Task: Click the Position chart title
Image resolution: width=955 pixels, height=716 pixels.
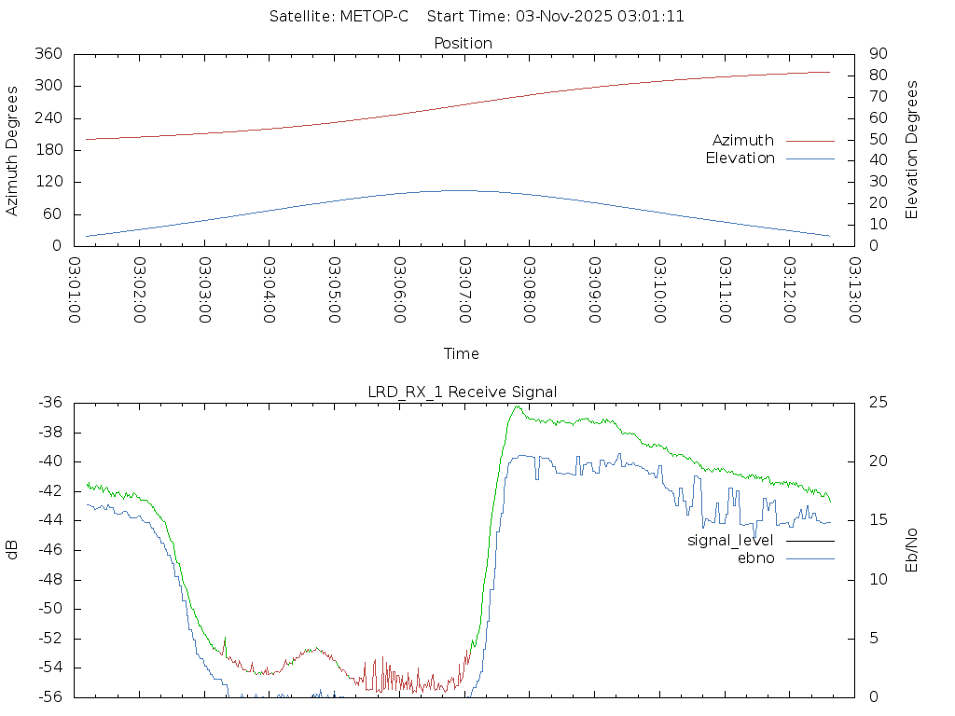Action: [464, 43]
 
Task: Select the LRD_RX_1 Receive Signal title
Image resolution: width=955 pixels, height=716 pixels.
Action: [463, 392]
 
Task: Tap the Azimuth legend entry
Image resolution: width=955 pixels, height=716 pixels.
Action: [743, 141]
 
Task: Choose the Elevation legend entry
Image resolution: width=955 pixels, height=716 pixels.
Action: [740, 158]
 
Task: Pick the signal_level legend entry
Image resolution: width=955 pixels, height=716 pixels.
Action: [730, 540]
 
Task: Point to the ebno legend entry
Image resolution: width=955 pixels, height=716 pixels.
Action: [755, 558]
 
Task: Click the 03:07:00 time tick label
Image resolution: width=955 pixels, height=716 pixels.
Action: [464, 289]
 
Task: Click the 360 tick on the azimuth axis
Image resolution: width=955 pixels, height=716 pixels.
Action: [48, 54]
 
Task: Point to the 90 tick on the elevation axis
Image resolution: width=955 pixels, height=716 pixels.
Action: [878, 54]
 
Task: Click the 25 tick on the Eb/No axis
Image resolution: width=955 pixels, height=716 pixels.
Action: [878, 403]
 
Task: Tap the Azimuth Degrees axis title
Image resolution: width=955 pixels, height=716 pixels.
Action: [13, 150]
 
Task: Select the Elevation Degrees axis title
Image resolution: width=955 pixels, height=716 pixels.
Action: [913, 149]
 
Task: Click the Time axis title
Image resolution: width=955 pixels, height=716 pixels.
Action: [462, 354]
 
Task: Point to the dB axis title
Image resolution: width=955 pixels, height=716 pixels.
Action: [13, 550]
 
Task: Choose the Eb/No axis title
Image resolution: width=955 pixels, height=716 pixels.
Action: [913, 550]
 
